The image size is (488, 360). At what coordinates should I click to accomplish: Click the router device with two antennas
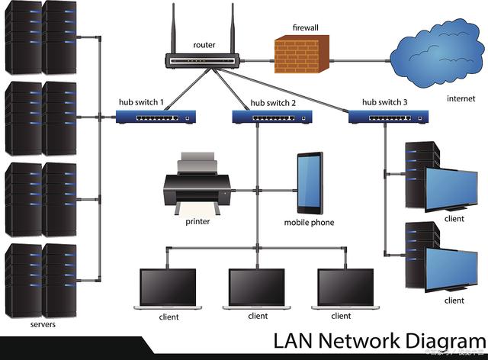pyautogui.click(x=204, y=59)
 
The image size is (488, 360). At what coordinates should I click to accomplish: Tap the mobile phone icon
pyautogui.click(x=310, y=183)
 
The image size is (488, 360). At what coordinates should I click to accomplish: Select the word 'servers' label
pyautogui.click(x=43, y=324)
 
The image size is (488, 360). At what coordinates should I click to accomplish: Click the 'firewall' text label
pyautogui.click(x=305, y=27)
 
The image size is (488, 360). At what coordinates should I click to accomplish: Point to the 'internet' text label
pyautogui.click(x=461, y=98)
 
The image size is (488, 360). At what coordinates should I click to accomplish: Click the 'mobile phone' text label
pyautogui.click(x=309, y=223)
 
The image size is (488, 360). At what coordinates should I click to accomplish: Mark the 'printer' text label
pyautogui.click(x=197, y=222)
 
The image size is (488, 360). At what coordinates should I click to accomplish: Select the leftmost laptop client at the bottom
pyautogui.click(x=169, y=289)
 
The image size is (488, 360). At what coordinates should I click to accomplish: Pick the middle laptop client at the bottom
pyautogui.click(x=258, y=289)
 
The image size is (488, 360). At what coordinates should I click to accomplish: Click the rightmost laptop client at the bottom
pyautogui.click(x=346, y=289)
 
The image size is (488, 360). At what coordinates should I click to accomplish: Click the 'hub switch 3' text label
pyautogui.click(x=384, y=101)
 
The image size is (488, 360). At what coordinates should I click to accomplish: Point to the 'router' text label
pyautogui.click(x=204, y=45)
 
